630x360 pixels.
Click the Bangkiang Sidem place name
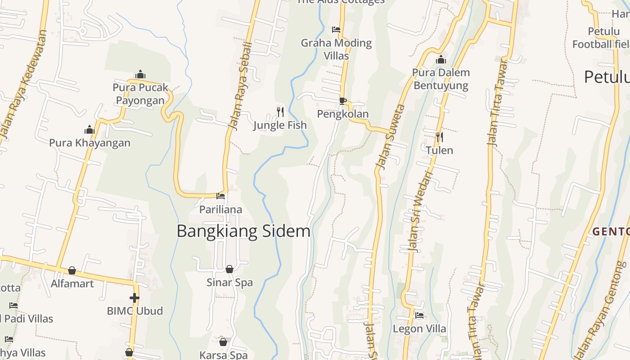click(243, 231)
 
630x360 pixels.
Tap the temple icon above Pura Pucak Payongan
click(140, 74)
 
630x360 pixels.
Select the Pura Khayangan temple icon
click(90, 130)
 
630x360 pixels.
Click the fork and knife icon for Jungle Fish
click(280, 112)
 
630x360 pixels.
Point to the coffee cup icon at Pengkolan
click(343, 101)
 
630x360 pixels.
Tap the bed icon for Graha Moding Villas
click(336, 30)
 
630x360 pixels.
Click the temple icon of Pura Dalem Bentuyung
click(441, 59)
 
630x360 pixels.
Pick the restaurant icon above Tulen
click(440, 137)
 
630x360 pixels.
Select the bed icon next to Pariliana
click(220, 196)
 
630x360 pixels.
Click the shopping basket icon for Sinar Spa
click(229, 269)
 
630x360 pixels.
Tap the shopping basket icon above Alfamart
click(72, 270)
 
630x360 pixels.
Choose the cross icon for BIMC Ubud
click(135, 297)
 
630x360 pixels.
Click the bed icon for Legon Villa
click(419, 315)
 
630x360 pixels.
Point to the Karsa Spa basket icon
click(223, 342)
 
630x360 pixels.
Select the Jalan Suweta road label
click(390, 137)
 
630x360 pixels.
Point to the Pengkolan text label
click(343, 114)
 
